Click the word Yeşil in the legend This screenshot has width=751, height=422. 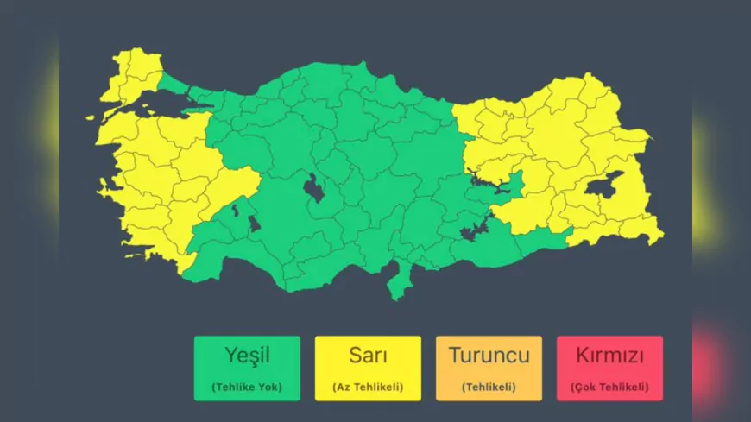click(247, 355)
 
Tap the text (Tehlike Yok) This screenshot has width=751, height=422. click(247, 386)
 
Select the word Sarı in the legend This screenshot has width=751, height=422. click(368, 355)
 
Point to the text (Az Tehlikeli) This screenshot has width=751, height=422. click(368, 386)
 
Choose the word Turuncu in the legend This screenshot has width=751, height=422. click(489, 355)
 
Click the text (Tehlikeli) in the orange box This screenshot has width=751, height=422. click(489, 386)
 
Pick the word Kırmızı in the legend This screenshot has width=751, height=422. click(609, 355)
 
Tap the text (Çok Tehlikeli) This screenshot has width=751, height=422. click(609, 386)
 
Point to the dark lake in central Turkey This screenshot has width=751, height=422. click(314, 187)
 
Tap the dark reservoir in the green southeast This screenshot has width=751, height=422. click(473, 231)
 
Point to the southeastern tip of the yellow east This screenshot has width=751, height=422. click(658, 236)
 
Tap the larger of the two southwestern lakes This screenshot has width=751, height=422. click(254, 224)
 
